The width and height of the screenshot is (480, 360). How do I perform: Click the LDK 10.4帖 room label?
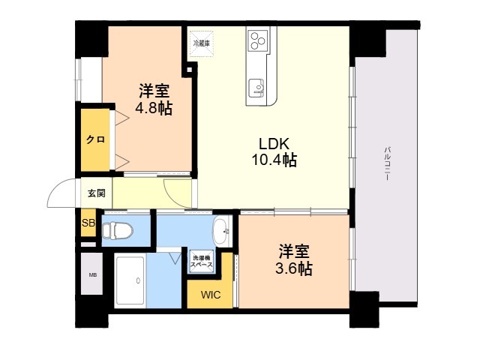(x=274, y=151)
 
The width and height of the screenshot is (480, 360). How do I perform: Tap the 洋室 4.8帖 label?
(x=154, y=99)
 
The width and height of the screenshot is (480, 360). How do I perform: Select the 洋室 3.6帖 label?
(x=294, y=260)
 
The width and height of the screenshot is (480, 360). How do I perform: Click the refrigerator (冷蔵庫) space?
(x=201, y=43)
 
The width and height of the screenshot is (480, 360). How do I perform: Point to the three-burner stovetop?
(x=258, y=40)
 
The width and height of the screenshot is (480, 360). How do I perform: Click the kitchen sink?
(x=256, y=88)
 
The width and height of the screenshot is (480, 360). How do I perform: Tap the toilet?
(x=117, y=230)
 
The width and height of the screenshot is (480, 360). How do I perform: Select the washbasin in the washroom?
(x=222, y=231)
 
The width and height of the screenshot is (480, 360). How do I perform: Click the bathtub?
(x=130, y=280)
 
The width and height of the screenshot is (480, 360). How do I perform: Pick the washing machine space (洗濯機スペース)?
(x=201, y=261)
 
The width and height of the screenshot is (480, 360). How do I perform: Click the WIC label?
(x=211, y=295)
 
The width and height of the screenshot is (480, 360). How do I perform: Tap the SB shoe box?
(x=88, y=223)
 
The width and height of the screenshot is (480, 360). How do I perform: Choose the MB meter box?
(x=91, y=274)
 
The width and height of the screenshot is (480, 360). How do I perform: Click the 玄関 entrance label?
(x=97, y=193)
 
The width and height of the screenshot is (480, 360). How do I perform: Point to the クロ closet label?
(x=95, y=139)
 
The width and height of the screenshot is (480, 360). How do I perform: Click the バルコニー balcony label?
(x=387, y=163)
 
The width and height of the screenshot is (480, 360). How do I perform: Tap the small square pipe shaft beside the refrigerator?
(x=190, y=70)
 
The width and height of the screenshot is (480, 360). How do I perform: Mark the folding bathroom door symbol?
(x=175, y=257)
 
